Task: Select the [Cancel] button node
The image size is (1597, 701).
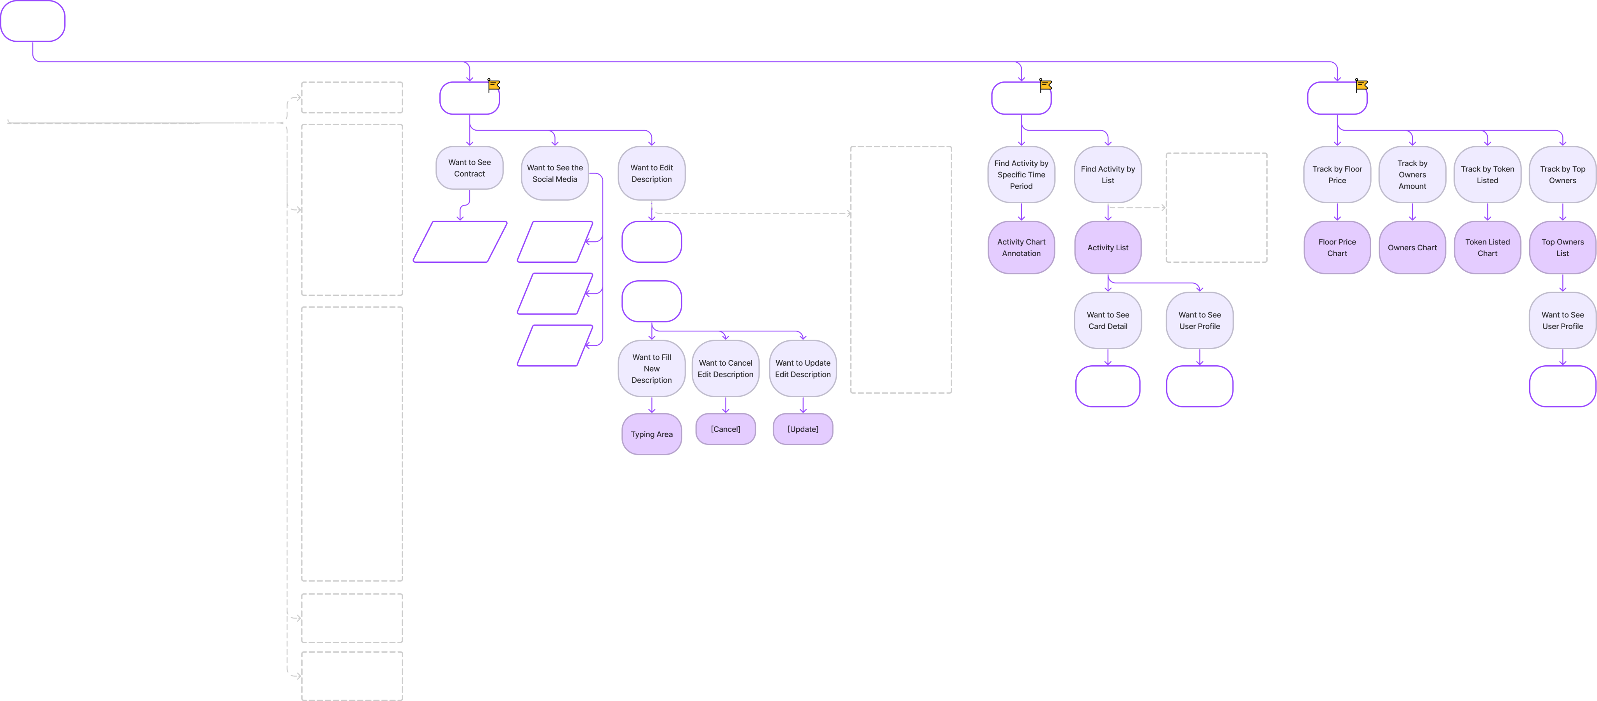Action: pyautogui.click(x=725, y=429)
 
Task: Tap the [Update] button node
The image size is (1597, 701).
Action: pyautogui.click(x=802, y=429)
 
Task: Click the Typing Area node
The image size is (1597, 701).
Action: pyautogui.click(x=652, y=434)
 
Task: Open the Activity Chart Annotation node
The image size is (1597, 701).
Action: pyautogui.click(x=1021, y=247)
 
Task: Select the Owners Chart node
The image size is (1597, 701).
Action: pyautogui.click(x=1412, y=247)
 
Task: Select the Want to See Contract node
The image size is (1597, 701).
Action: pyautogui.click(x=469, y=168)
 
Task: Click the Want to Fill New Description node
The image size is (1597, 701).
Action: pyautogui.click(x=652, y=368)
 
